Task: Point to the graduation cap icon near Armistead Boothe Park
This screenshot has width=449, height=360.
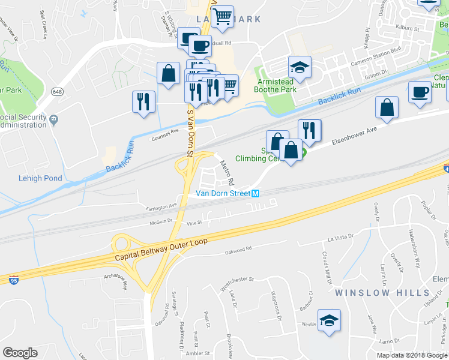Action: (300, 67)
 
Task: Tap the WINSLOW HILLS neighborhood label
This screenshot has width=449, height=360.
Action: (382, 293)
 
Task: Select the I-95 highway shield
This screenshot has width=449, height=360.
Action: (14, 280)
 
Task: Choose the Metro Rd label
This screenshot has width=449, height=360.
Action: (226, 172)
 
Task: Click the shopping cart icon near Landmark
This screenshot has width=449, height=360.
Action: (222, 17)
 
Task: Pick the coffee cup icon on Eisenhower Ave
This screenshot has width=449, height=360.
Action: (420, 93)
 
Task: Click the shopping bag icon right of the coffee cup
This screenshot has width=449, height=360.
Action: (387, 108)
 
